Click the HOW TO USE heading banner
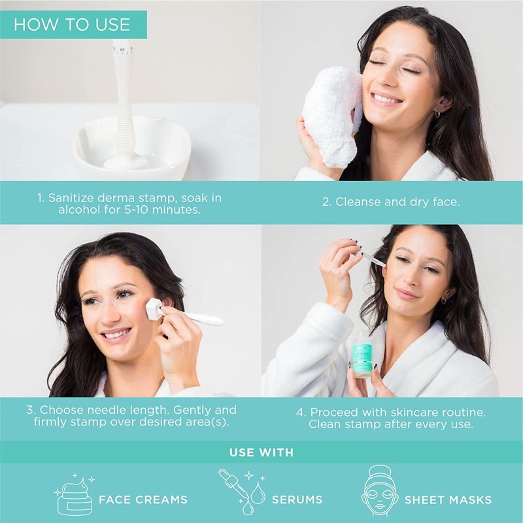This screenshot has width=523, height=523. pos(73,24)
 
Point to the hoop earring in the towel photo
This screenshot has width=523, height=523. pos(437,114)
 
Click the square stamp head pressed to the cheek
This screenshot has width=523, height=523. pos(154,309)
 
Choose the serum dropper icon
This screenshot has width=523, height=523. pos(242,491)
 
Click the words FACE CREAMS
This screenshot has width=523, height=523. pos(143,499)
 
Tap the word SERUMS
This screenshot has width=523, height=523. pos(297,499)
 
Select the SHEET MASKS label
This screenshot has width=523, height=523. pos(448,499)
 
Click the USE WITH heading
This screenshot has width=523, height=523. pos(261,452)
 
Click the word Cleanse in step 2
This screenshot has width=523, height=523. pos(358,201)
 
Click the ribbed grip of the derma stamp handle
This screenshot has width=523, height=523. pos(126,130)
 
